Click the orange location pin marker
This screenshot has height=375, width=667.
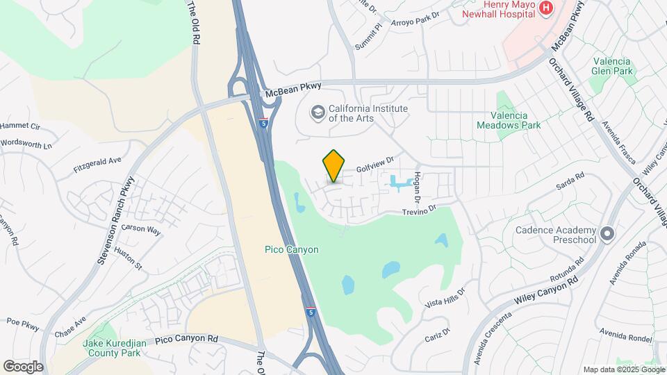[x=334, y=166]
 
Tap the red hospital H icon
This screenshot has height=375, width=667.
[x=546, y=8]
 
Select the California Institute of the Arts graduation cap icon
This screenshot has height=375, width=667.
[x=318, y=112]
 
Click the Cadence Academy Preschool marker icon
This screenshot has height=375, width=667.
[x=608, y=235]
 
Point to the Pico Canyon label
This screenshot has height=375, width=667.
[x=292, y=249]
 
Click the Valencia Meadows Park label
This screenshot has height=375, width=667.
[x=509, y=120]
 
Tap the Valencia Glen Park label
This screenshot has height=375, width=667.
[x=612, y=66]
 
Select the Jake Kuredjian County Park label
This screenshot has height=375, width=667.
[x=111, y=347]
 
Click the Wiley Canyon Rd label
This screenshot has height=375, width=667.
[x=547, y=291]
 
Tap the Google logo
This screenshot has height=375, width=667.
[x=24, y=366]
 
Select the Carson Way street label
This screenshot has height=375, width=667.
[x=141, y=228]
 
